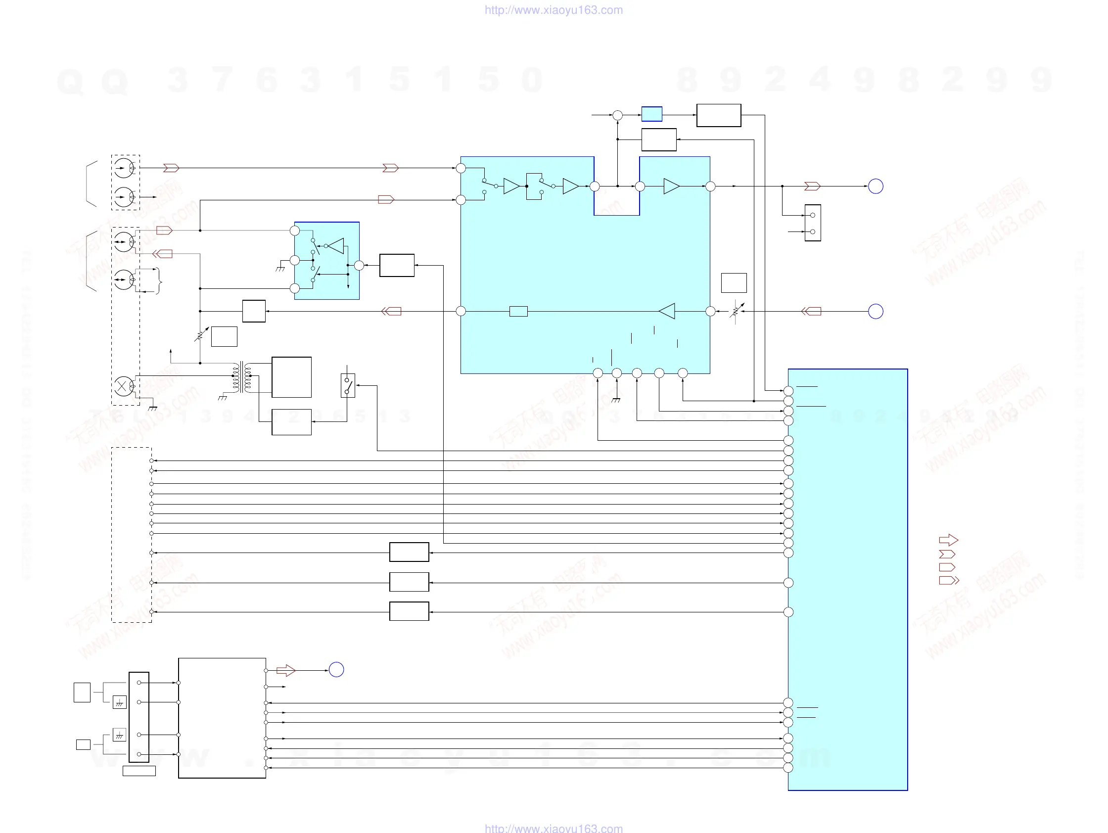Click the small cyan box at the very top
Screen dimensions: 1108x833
coord(651,114)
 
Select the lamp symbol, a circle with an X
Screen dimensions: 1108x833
coord(122,386)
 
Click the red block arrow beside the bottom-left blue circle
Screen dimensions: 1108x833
coord(285,670)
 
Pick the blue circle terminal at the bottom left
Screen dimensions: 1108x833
coord(336,670)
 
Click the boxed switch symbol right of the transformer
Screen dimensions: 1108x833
coord(348,385)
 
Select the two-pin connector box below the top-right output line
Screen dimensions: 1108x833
coord(813,223)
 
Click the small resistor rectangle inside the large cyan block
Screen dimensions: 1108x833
coord(518,312)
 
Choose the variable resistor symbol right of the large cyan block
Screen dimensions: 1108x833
coord(736,311)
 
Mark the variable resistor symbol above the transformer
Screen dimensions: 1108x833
coord(201,334)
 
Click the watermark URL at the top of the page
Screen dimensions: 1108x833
coord(554,10)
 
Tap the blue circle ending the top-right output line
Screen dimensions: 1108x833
coord(876,186)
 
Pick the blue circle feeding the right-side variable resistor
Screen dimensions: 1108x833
coord(876,312)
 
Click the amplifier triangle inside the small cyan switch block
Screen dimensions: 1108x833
coord(336,246)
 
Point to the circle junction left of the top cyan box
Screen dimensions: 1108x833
coord(618,115)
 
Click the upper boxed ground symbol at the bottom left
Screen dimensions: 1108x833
coord(119,702)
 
